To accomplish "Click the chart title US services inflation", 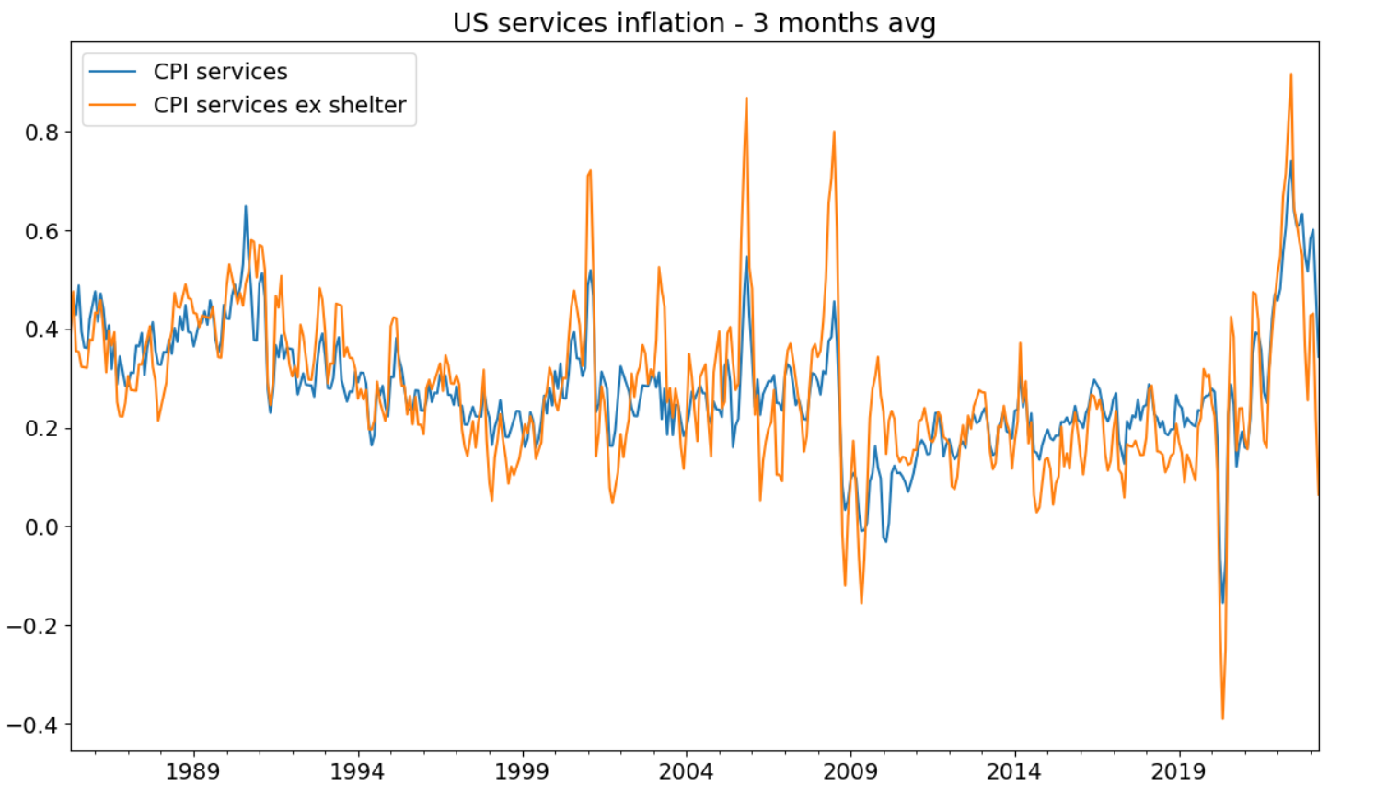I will click(x=693, y=23).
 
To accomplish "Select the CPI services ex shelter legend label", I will click(x=280, y=105).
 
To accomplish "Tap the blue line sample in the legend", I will click(x=112, y=72).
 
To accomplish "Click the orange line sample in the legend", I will click(x=112, y=105).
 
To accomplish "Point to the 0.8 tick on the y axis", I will click(x=41, y=133).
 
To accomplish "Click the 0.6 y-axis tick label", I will click(x=41, y=231).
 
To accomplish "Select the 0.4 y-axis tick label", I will click(x=41, y=330).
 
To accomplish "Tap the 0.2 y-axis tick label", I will click(x=41, y=429).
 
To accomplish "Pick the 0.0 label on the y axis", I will click(x=41, y=527).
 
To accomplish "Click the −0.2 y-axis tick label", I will click(x=33, y=626).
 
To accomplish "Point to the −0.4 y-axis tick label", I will click(x=33, y=725).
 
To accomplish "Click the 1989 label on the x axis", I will click(x=192, y=771).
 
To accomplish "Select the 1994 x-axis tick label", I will click(x=357, y=771).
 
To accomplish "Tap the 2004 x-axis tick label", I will click(x=686, y=771).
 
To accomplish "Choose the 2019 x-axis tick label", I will click(x=1178, y=771).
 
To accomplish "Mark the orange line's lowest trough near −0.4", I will click(x=1222, y=718).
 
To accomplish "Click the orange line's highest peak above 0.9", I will click(x=1291, y=75).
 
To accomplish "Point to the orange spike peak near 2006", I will click(x=746, y=98).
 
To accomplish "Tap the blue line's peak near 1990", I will click(x=246, y=206).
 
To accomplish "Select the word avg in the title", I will click(x=908, y=23).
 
